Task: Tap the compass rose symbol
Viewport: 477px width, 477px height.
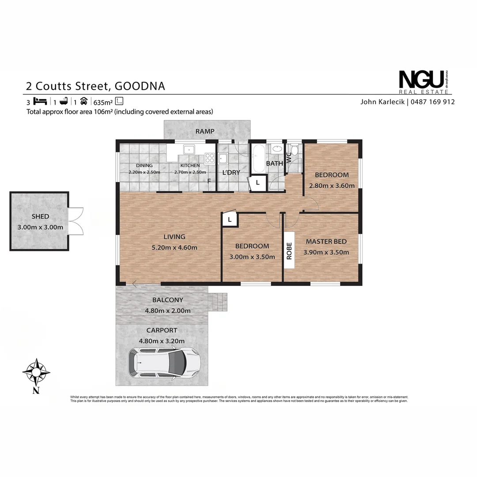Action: tap(36, 371)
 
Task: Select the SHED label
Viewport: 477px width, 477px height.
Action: tap(40, 216)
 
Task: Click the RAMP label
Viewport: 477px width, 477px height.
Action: tap(205, 131)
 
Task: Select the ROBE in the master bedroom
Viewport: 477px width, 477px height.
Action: tap(289, 251)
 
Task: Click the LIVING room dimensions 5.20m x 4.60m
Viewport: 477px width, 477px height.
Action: tap(174, 247)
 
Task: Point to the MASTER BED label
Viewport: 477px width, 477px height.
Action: tap(326, 242)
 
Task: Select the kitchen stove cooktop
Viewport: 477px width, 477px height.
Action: tap(209, 158)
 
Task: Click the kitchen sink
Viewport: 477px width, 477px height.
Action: tap(189, 149)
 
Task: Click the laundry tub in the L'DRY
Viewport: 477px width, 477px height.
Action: tap(223, 158)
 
